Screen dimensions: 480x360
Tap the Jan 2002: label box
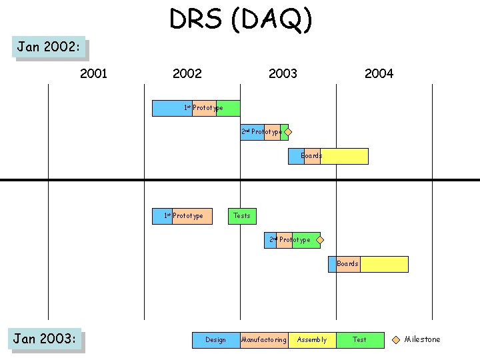point(50,47)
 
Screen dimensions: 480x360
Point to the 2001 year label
point(93,73)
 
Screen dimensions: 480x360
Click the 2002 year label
point(187,73)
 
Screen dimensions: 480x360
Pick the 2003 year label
point(283,73)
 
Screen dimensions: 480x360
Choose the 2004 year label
point(379,73)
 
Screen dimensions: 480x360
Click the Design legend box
point(216,340)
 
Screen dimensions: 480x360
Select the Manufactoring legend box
point(264,340)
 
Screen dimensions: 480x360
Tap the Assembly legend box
point(312,340)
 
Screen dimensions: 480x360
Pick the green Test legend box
point(360,340)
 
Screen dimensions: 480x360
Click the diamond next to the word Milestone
point(396,339)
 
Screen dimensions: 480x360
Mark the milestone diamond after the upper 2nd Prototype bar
point(288,132)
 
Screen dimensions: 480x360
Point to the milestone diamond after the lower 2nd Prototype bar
point(320,240)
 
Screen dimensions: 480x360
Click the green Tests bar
point(242,216)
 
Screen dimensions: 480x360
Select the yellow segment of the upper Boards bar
point(344,156)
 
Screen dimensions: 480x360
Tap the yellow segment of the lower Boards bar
point(384,264)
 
